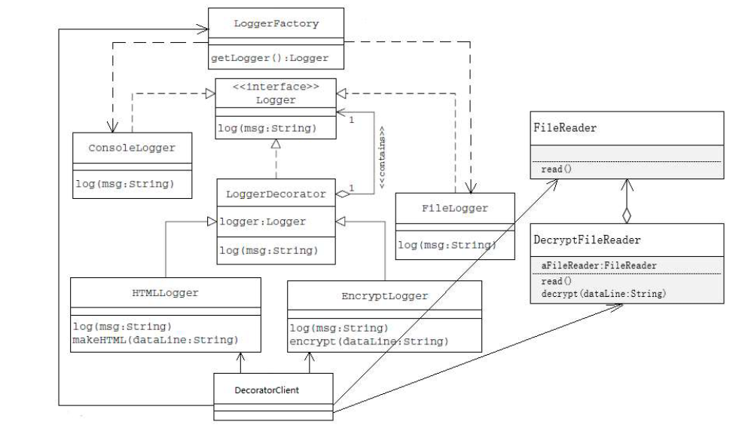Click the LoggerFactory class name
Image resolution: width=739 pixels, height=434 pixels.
click(x=277, y=23)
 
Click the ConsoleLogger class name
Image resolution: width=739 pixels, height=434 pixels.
click(x=131, y=148)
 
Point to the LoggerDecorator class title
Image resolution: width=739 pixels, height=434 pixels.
click(x=276, y=194)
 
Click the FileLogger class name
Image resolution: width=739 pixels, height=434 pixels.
click(x=454, y=208)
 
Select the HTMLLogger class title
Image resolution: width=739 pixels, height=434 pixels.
click(x=164, y=292)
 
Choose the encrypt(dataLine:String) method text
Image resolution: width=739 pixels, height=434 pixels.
click(x=369, y=341)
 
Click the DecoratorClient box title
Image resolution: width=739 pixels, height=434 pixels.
click(x=272, y=390)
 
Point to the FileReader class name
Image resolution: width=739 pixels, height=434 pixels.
click(x=565, y=128)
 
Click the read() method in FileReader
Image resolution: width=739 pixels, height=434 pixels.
click(x=557, y=170)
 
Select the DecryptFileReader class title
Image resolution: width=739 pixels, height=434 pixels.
click(x=587, y=239)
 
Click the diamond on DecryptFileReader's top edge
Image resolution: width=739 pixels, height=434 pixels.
click(x=627, y=215)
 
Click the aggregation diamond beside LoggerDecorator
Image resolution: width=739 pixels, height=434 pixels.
click(x=343, y=194)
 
